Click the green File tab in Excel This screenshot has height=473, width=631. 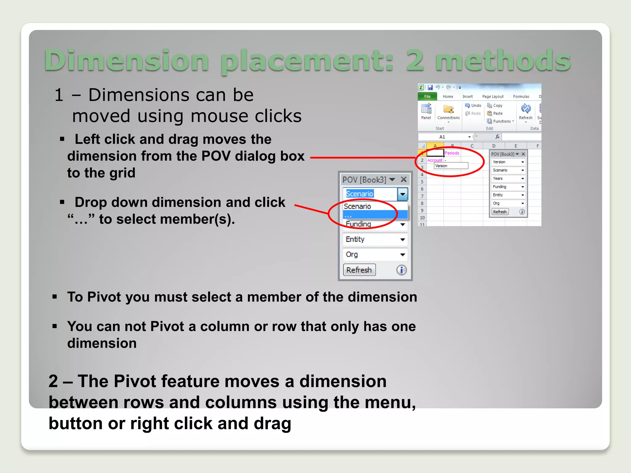click(427, 96)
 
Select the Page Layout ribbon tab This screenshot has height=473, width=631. click(493, 96)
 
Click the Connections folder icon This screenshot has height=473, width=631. click(448, 109)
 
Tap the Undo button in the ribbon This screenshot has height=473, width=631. click(473, 105)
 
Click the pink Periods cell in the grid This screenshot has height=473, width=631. click(452, 153)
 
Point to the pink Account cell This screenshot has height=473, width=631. click(435, 160)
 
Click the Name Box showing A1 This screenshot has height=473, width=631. click(442, 137)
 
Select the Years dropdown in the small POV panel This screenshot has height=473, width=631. click(508, 178)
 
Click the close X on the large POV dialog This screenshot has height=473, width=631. click(404, 179)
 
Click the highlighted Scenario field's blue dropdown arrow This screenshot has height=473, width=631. click(402, 194)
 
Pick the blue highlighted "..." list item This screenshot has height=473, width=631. click(375, 215)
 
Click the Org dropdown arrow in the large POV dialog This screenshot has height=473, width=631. click(402, 255)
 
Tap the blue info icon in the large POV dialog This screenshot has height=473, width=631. click(401, 270)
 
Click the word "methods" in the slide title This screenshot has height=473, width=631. click(503, 60)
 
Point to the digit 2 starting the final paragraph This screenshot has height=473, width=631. click(53, 381)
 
